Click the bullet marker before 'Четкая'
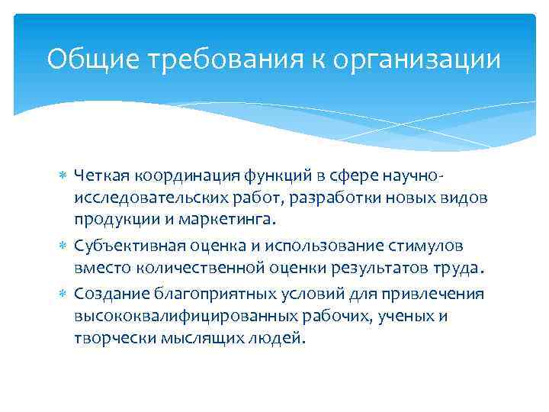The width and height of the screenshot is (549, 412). tap(63, 177)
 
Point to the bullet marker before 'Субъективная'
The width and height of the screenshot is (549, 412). tap(63, 247)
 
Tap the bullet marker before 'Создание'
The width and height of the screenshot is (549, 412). tap(63, 295)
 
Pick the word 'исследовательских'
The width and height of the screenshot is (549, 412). tap(148, 198)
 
